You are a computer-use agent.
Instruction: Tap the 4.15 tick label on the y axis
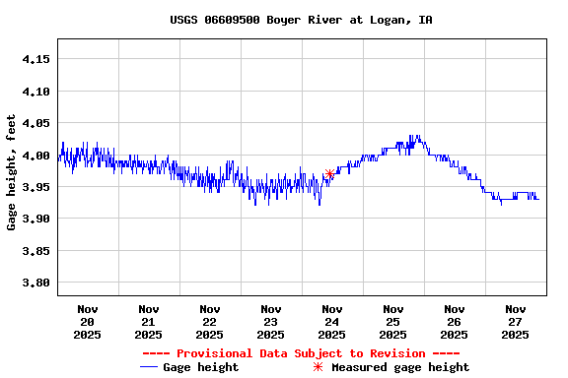(x=35, y=59)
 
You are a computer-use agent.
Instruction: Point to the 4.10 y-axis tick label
(x=35, y=92)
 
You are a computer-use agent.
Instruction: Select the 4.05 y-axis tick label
(x=35, y=123)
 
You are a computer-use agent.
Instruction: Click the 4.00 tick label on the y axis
(x=35, y=156)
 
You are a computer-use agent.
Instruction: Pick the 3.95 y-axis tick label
(x=35, y=187)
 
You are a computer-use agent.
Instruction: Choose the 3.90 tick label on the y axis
(x=35, y=219)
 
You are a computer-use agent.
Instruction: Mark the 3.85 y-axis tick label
(x=35, y=251)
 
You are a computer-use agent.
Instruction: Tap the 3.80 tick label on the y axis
(x=35, y=283)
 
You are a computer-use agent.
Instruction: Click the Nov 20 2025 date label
(x=88, y=321)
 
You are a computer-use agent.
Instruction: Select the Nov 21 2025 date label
(x=149, y=321)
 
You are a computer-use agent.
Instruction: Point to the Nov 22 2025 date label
(x=210, y=321)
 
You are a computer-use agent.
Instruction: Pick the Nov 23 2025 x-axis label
(x=271, y=321)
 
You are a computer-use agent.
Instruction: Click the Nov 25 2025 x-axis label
(x=393, y=321)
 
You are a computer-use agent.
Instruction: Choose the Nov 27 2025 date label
(x=516, y=321)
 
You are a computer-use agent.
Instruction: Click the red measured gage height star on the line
(x=329, y=174)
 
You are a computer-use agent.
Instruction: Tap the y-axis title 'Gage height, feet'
(x=12, y=172)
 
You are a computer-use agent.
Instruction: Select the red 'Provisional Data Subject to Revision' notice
(x=301, y=353)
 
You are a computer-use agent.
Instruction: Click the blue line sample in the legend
(x=149, y=367)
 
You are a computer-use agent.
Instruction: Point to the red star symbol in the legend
(x=318, y=367)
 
